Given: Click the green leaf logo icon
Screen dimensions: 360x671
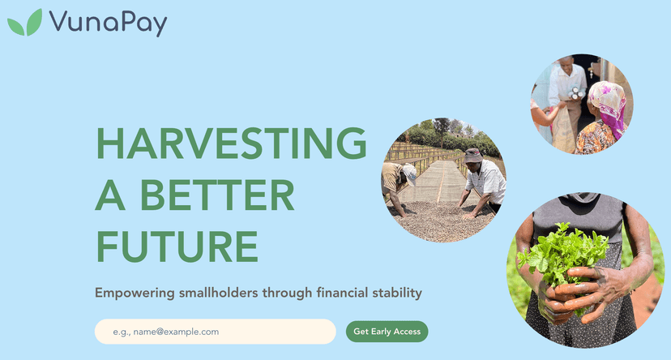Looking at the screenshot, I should pyautogui.click(x=24, y=22).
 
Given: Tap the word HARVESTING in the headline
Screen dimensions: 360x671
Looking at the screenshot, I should pyautogui.click(x=231, y=144).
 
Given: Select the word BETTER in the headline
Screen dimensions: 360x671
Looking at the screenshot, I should pyautogui.click(x=218, y=195).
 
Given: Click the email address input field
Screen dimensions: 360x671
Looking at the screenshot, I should pyautogui.click(x=215, y=332).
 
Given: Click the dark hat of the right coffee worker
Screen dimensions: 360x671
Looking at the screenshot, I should pyautogui.click(x=473, y=154).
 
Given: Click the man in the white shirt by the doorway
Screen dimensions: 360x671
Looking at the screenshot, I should pyautogui.click(x=566, y=93).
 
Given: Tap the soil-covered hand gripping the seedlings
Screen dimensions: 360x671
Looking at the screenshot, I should pyautogui.click(x=596, y=288).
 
